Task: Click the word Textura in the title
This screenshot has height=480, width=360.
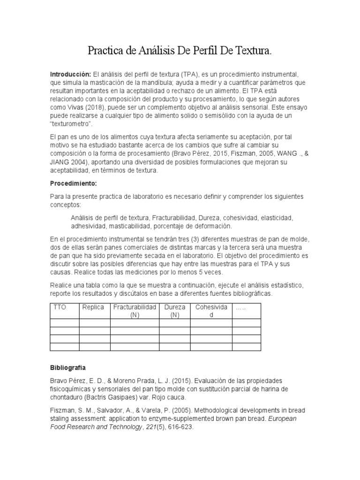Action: [x=253, y=50]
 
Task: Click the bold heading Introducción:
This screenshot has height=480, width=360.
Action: [x=70, y=75]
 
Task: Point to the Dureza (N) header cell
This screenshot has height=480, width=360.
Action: [x=175, y=311]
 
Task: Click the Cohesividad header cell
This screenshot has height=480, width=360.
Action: [x=211, y=311]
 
